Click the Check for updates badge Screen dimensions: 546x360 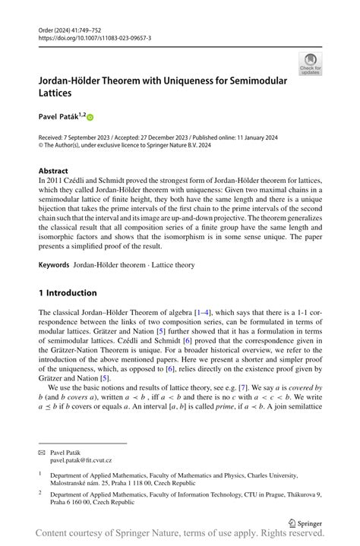[x=310, y=64]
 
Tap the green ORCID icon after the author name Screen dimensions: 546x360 [x=90, y=118]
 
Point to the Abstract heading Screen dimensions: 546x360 [x=53, y=172]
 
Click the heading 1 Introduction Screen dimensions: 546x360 [x=68, y=292]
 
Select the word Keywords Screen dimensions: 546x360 [x=54, y=265]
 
